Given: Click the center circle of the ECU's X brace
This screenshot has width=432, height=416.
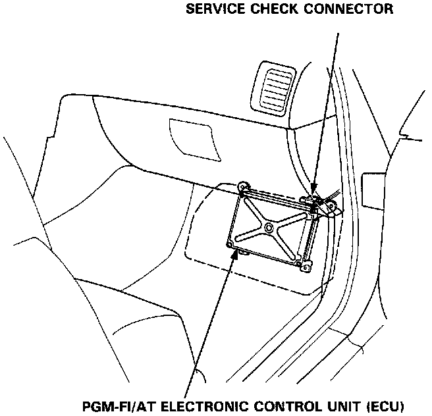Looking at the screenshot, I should pos(270,227).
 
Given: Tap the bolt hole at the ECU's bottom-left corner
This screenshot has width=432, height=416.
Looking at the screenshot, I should pos(230,245).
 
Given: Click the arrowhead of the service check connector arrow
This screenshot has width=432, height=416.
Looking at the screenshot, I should pos(314,191).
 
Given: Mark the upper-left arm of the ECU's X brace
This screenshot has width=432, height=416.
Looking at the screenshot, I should pos(254,211).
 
